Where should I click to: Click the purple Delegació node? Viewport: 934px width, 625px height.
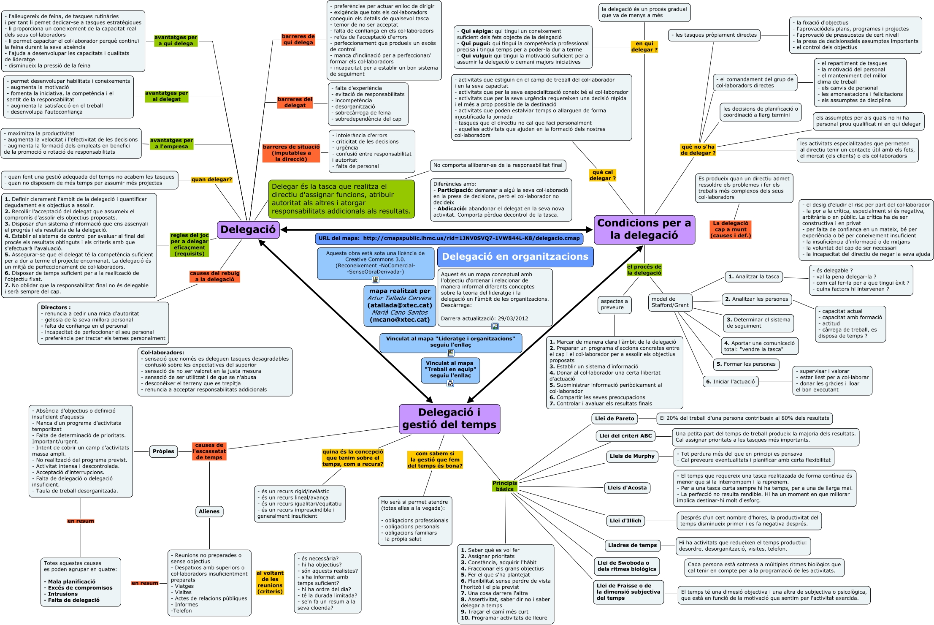(x=248, y=230)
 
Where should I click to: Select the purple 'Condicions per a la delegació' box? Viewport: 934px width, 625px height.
(x=644, y=229)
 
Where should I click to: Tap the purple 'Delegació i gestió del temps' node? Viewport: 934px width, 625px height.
(x=449, y=418)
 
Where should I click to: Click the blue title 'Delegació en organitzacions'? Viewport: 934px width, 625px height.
(x=515, y=257)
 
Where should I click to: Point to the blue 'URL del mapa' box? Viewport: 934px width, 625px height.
(x=449, y=238)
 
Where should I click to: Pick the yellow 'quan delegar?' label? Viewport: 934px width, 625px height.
(x=211, y=179)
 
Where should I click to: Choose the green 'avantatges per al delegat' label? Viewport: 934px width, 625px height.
(x=166, y=96)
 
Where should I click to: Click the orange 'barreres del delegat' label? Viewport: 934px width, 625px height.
(x=295, y=102)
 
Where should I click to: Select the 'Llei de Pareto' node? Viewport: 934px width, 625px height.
(x=615, y=418)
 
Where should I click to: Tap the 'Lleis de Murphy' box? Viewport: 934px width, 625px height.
(x=632, y=456)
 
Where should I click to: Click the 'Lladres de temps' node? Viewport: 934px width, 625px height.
(x=632, y=545)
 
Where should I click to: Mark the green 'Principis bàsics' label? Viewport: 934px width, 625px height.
(x=505, y=486)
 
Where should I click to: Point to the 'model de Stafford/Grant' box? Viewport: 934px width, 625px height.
(x=670, y=302)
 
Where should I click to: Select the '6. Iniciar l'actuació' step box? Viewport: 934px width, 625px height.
(x=731, y=382)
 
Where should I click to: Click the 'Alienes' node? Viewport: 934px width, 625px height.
(x=209, y=511)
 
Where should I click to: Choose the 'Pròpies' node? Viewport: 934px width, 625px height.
(x=163, y=451)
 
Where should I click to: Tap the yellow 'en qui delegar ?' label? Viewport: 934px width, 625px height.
(x=644, y=46)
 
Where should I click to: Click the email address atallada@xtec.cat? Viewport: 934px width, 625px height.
(x=399, y=305)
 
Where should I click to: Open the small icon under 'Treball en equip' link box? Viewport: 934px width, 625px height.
(x=450, y=383)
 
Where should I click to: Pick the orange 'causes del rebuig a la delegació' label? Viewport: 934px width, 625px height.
(x=214, y=276)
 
